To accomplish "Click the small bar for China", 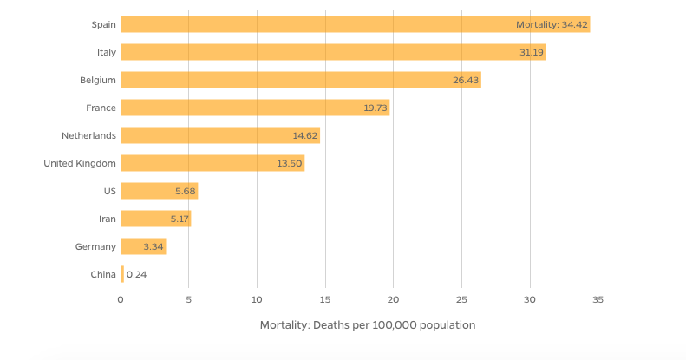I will tap(122, 274).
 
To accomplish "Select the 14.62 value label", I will tap(305, 135).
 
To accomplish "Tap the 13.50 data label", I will tap(290, 163).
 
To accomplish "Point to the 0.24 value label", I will tap(136, 274).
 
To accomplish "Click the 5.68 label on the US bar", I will tap(186, 191).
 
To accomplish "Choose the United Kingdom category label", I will tap(80, 163).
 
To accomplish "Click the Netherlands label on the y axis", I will tap(88, 135).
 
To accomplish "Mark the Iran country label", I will tap(107, 219).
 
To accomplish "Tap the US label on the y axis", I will tap(109, 191).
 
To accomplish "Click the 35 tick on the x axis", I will tap(598, 299).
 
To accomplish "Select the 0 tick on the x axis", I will tap(121, 299).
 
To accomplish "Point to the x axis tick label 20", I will tap(393, 299).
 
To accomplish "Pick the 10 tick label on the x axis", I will tap(257, 299).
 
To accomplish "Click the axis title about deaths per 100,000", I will tap(368, 325).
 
